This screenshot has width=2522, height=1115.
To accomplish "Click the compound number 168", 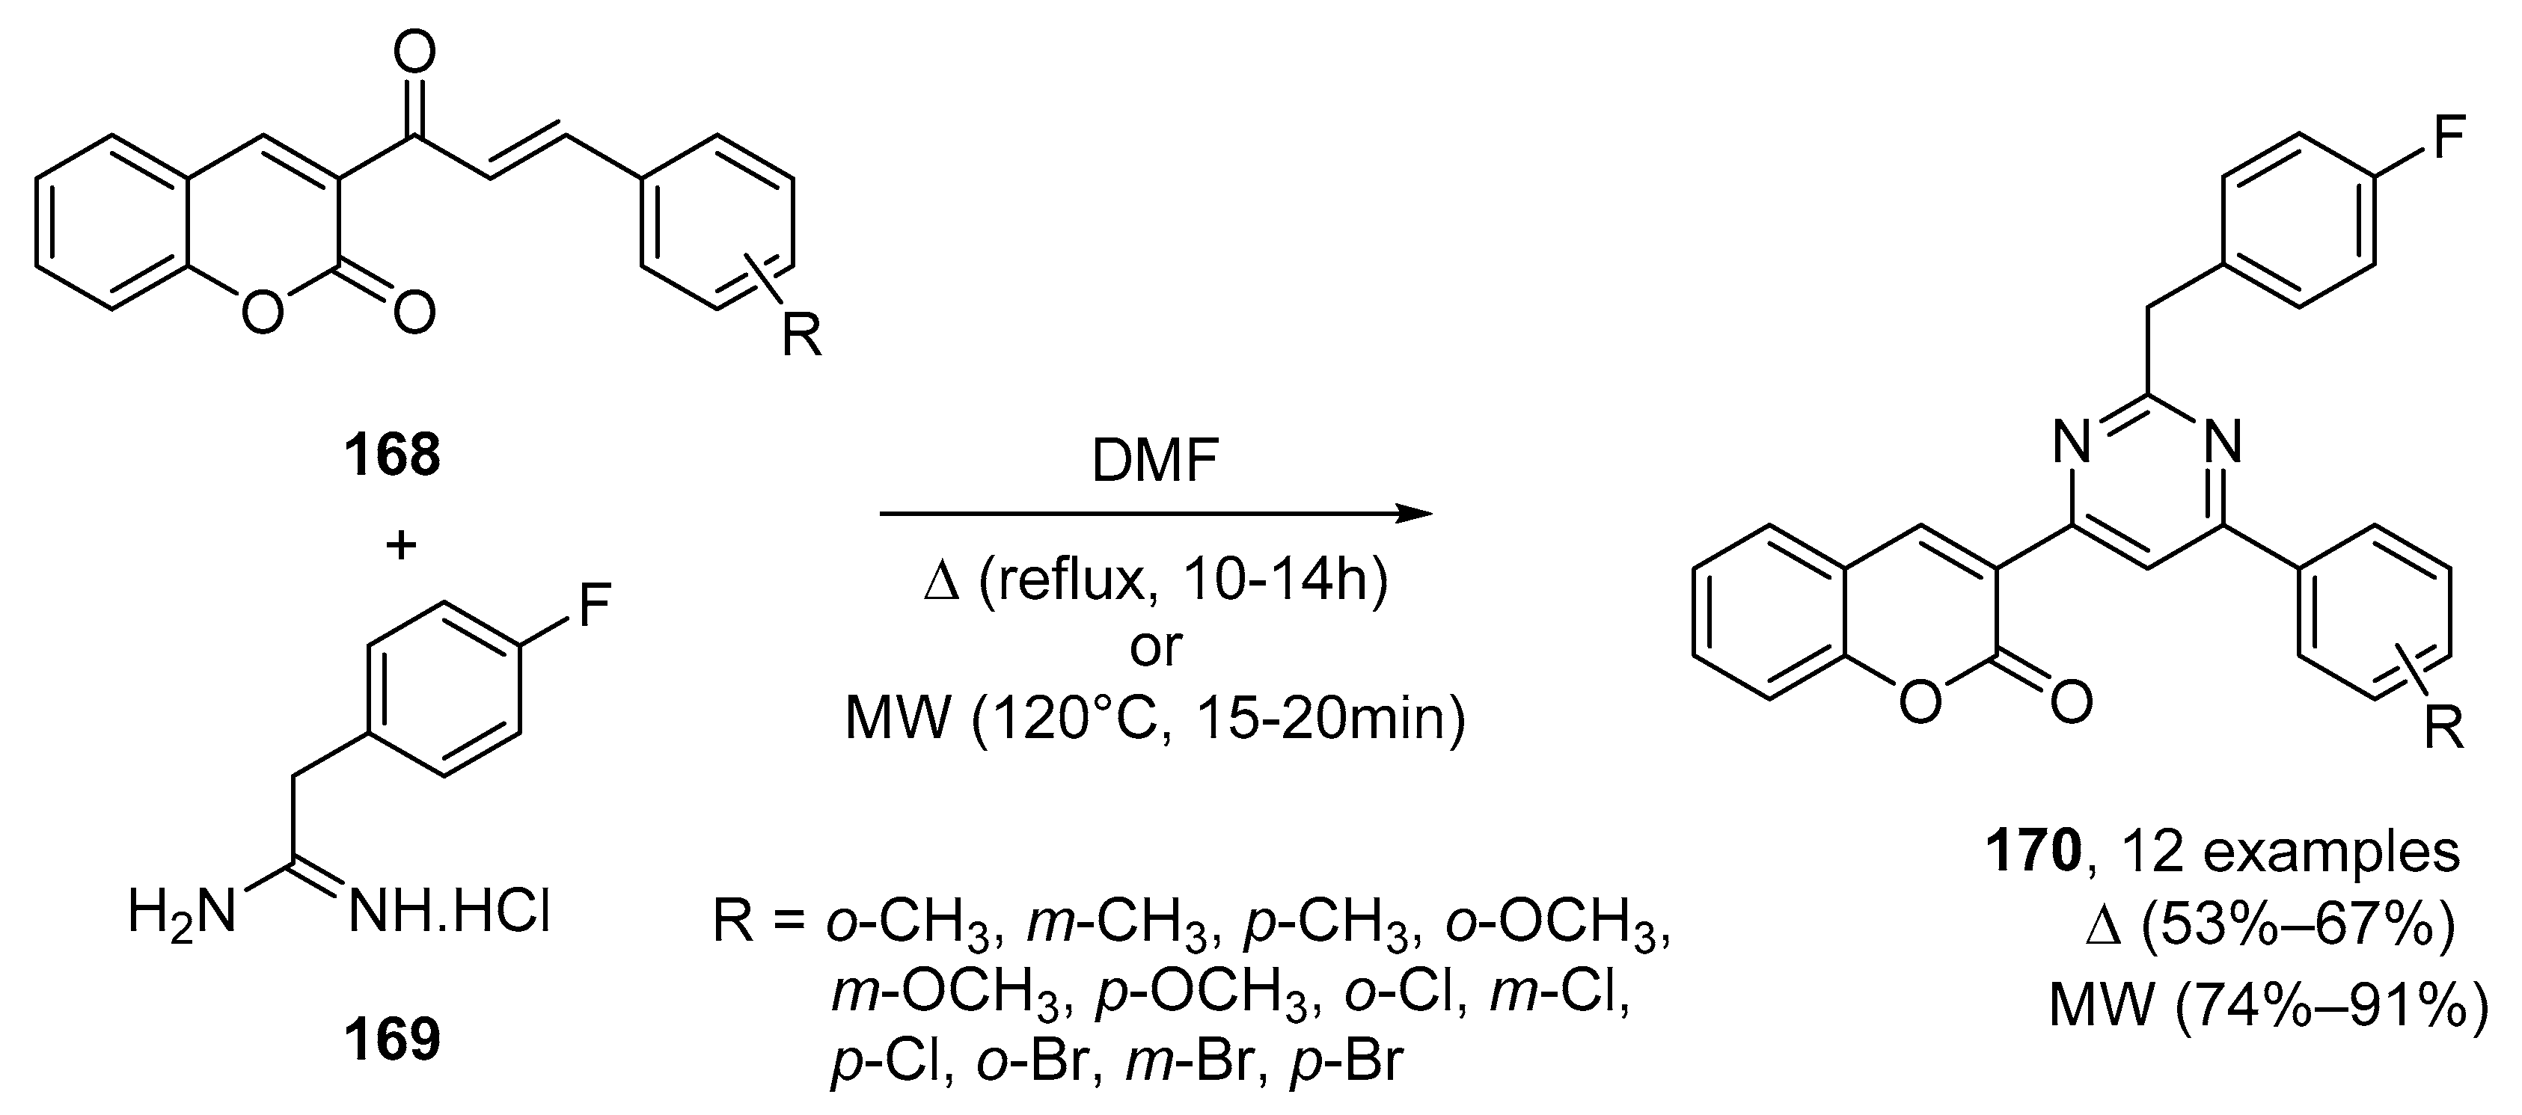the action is point(391,456).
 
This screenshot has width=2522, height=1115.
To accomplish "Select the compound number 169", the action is point(391,1042).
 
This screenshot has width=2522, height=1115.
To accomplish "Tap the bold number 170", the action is point(2030,853).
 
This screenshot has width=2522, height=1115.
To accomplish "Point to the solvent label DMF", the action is point(1155,462).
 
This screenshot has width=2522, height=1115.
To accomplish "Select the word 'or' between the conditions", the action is point(1155,646).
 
